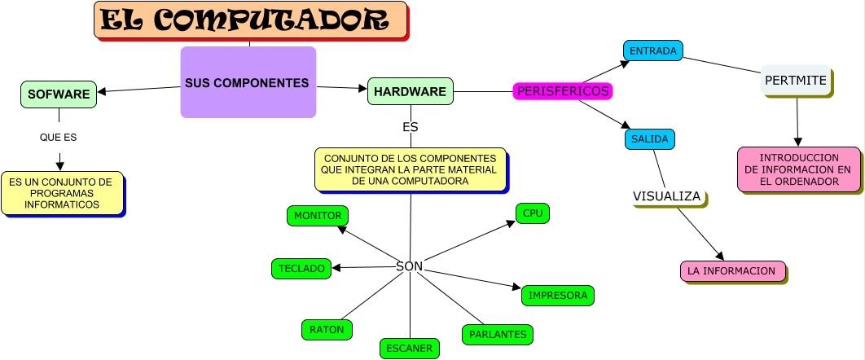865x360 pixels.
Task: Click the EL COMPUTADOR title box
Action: point(251,20)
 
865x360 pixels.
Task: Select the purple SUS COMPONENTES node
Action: point(248,82)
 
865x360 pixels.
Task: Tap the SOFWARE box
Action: point(59,94)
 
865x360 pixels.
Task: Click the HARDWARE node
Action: point(410,91)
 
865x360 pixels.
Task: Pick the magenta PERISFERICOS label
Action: point(563,91)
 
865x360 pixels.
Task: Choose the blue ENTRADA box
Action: point(653,50)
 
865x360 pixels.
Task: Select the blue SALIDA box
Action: point(649,139)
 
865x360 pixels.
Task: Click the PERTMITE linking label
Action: point(796,81)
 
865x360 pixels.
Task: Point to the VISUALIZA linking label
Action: point(667,196)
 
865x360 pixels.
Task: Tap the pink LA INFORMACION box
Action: point(731,270)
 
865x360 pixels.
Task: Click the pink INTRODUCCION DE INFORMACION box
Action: point(798,169)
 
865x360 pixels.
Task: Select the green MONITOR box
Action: point(318,215)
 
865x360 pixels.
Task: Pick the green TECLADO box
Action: point(301,268)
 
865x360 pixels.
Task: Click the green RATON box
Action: point(327,330)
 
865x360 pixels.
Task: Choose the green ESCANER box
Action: point(409,348)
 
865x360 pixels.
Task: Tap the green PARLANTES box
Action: point(498,334)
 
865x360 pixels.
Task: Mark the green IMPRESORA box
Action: point(558,295)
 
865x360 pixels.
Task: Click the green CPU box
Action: point(532,213)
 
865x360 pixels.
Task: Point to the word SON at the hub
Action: point(409,266)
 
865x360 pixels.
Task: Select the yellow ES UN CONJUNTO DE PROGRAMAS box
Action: point(61,193)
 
